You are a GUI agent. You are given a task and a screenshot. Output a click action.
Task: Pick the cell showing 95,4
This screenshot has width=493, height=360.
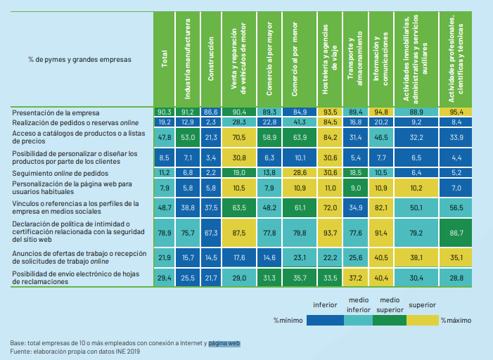(456, 111)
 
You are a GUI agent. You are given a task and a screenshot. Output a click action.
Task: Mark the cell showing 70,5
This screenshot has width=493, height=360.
(239, 136)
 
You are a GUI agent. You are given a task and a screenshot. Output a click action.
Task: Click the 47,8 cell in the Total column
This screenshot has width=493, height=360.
(165, 136)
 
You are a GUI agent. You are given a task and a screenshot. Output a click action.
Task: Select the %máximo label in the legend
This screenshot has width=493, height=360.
(456, 320)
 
